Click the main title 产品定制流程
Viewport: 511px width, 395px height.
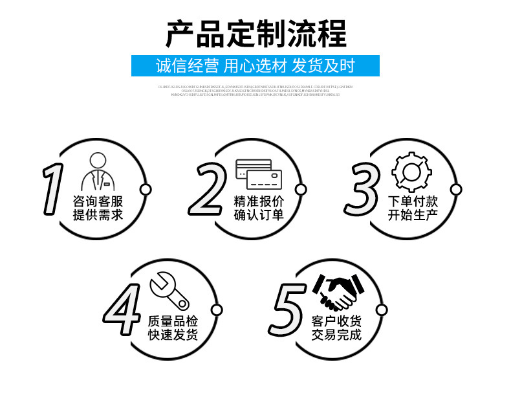(255, 34)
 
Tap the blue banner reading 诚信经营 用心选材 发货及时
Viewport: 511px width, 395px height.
(255, 66)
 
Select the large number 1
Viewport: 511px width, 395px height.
(54, 189)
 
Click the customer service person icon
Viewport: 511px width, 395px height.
(97, 171)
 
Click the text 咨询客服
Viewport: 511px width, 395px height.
(98, 201)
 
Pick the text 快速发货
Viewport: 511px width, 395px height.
(173, 335)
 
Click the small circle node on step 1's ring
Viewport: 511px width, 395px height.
(146, 190)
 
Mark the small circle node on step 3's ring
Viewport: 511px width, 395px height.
(456, 190)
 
